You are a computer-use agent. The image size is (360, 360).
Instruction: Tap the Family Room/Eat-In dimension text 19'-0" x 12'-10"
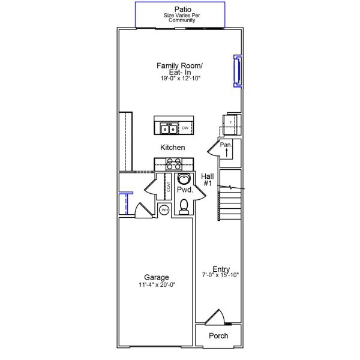[x=180, y=79]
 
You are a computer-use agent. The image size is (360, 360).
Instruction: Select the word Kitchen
[x=172, y=147]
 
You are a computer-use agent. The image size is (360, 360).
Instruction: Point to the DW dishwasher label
[x=185, y=128]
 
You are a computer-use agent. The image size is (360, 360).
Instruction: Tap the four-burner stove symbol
[x=174, y=164]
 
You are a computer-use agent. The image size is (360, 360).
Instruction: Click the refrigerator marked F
[x=231, y=124]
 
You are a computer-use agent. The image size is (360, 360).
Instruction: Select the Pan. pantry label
[x=225, y=145]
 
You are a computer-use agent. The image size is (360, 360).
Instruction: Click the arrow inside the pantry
[x=226, y=153]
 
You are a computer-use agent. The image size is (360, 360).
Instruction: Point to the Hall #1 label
[x=208, y=179]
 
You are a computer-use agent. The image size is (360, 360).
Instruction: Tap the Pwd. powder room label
[x=184, y=190]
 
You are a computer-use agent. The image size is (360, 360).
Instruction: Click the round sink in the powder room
[x=184, y=179]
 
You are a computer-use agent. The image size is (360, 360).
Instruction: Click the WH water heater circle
[x=164, y=210]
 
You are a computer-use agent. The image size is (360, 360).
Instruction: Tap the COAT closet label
[x=169, y=187]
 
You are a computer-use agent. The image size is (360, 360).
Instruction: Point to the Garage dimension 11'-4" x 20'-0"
[x=156, y=285]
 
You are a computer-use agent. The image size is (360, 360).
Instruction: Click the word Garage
[x=156, y=277]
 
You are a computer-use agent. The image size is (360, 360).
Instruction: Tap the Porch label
[x=218, y=335]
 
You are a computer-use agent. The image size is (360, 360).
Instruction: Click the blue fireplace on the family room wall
[x=237, y=71]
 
